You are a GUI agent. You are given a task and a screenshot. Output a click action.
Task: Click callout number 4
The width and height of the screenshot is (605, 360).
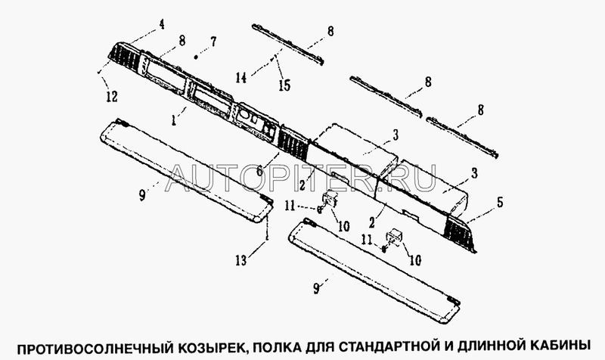click(x=162, y=24)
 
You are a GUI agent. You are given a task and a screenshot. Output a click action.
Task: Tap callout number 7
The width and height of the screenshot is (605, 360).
click(x=213, y=42)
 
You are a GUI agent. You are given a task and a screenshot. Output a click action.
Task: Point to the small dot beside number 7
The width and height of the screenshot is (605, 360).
click(x=196, y=57)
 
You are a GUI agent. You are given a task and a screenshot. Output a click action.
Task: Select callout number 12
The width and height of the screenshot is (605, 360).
click(x=112, y=97)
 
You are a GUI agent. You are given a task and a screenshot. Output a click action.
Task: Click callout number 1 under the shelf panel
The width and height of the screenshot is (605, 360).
click(x=175, y=121)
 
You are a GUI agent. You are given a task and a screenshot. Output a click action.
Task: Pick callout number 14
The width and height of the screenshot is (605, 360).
click(x=241, y=78)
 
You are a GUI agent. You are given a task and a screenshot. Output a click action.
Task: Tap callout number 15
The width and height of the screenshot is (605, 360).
click(x=284, y=85)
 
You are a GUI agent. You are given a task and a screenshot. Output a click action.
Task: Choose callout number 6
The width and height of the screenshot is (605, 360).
click(x=259, y=170)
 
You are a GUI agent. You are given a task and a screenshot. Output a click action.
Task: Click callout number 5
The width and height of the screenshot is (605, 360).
click(x=500, y=202)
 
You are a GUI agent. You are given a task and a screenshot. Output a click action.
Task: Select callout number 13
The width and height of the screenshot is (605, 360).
click(x=240, y=261)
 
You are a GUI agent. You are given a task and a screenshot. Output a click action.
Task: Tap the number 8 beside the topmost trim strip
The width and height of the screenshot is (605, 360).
click(x=330, y=31)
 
